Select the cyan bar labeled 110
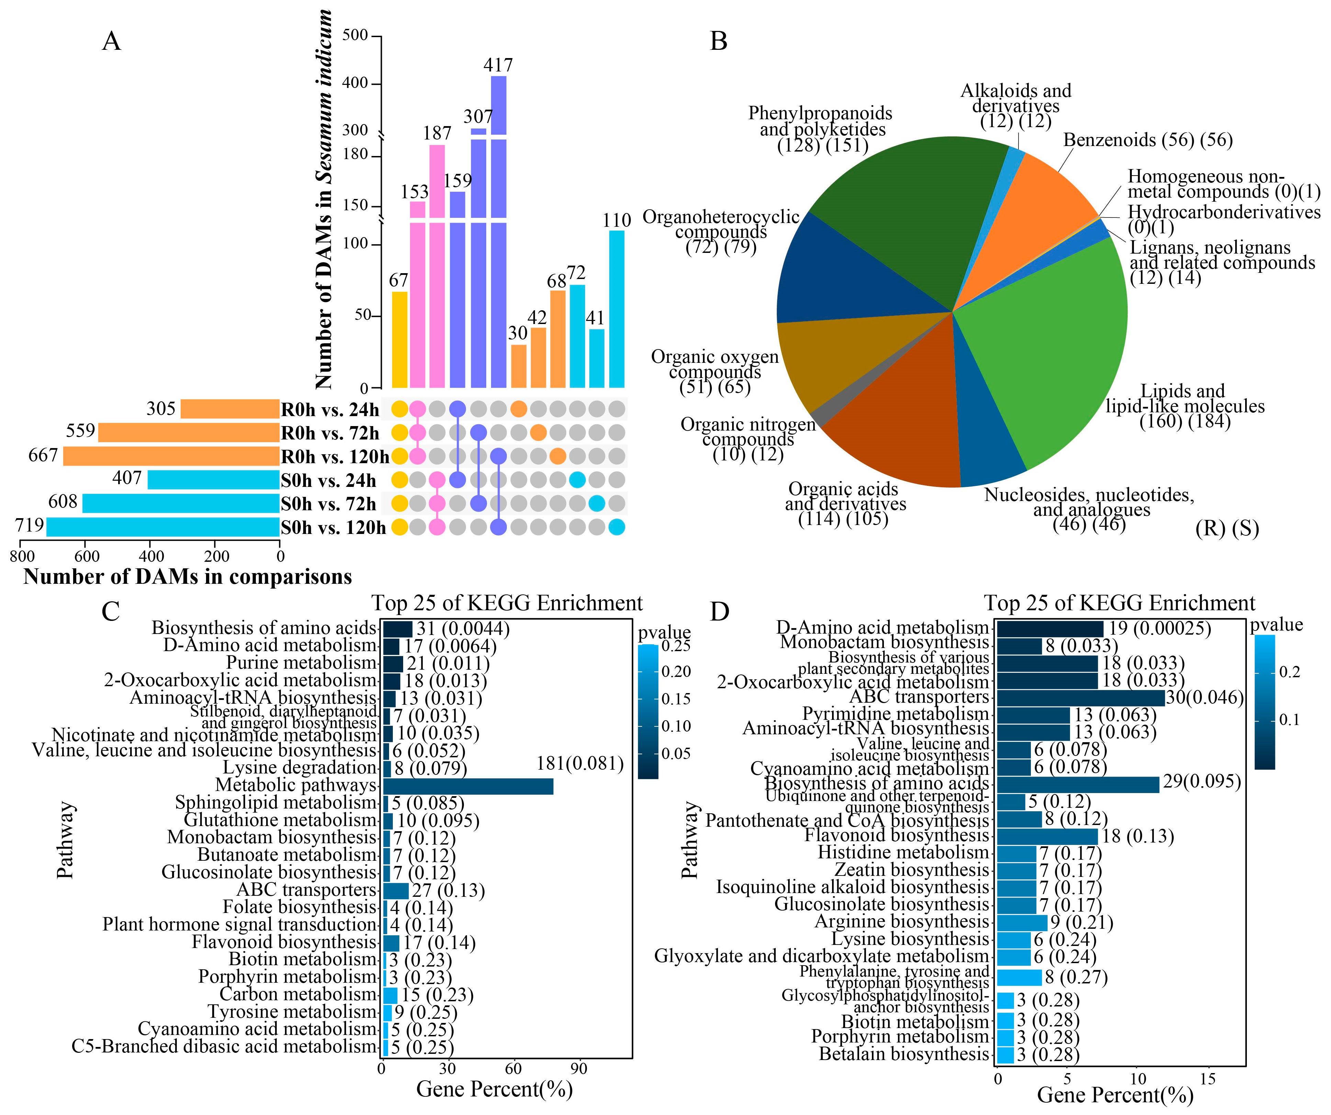[616, 309]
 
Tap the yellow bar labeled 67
[399, 339]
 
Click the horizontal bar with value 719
[163, 527]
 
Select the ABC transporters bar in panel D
[1081, 698]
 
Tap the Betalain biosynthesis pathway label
[904, 1054]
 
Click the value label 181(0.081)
[580, 763]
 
